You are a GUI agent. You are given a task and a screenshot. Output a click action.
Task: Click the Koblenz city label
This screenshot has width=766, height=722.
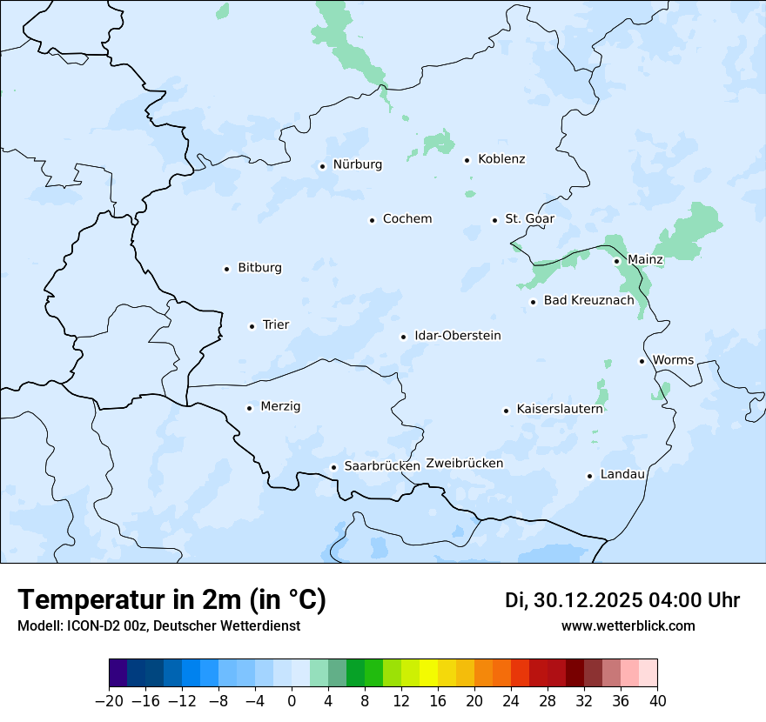pos(501,159)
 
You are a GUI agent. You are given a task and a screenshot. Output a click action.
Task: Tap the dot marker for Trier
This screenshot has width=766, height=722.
pos(252,326)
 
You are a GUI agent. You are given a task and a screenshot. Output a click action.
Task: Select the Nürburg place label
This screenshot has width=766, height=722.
pos(357,164)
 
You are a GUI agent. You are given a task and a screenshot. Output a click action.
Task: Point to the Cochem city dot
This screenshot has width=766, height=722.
pos(372,220)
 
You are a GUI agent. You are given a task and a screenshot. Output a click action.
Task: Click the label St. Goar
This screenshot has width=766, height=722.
pos(529,218)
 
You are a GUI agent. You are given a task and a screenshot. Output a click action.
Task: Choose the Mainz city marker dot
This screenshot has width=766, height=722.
pos(616,261)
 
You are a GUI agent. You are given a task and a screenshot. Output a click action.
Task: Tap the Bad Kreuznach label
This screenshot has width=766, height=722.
pos(588,300)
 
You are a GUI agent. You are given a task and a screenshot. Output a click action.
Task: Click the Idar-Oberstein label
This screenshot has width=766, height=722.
pos(457,336)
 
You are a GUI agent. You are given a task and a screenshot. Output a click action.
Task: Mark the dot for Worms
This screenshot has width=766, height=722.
pos(642,361)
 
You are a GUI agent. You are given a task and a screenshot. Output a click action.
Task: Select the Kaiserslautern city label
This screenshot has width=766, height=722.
pos(559,409)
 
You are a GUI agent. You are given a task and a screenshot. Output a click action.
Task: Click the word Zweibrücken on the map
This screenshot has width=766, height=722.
pos(464,464)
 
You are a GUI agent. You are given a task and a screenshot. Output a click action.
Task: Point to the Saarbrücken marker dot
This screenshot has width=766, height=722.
pos(333,467)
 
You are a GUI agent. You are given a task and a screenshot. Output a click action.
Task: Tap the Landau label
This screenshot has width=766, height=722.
pos(622,474)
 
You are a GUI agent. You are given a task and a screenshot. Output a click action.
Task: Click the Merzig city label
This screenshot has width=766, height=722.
pos(280,406)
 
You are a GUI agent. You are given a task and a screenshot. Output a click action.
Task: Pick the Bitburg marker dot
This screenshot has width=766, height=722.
pos(226,269)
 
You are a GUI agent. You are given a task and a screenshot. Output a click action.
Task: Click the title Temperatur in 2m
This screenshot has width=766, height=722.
pos(171,599)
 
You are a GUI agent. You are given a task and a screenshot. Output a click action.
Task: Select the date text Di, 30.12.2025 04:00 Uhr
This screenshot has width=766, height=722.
pos(622,600)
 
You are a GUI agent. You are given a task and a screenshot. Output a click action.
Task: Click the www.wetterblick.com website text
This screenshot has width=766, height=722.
pos(628,625)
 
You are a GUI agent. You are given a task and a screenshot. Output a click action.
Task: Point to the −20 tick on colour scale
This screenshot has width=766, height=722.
pos(109,700)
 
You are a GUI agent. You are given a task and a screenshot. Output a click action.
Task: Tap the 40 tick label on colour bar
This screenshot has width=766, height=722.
pos(657,700)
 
